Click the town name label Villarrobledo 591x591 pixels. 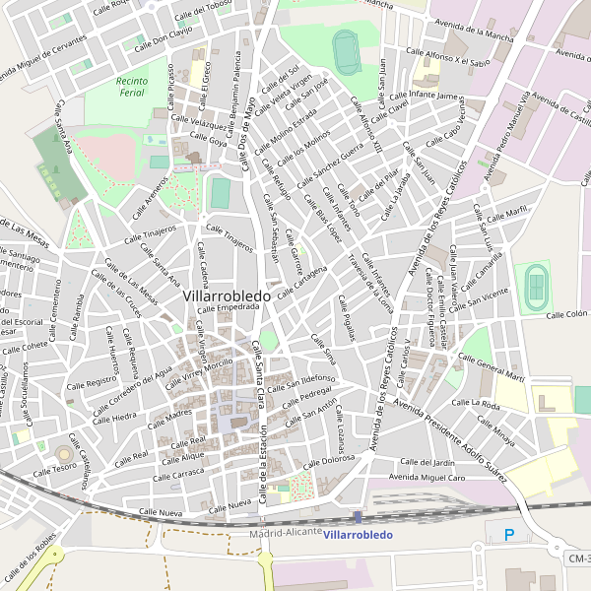tap(227, 295)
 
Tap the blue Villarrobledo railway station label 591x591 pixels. tap(358, 535)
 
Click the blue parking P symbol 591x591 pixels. tap(509, 535)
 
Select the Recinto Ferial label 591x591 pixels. tap(131, 87)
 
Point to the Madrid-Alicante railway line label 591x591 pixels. tap(286, 532)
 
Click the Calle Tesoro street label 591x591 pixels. tap(56, 469)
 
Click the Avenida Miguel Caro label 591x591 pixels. tap(427, 478)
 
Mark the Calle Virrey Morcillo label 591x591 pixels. tap(201, 370)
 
